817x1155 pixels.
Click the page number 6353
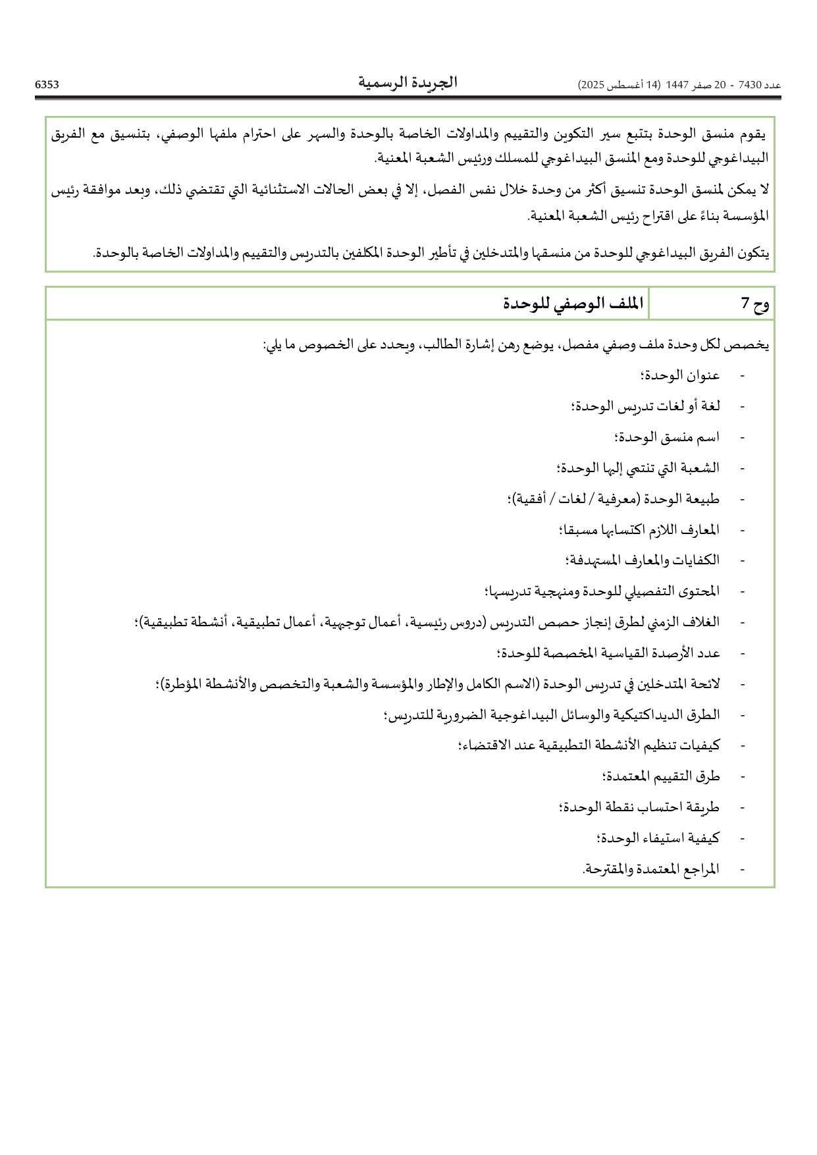[x=47, y=84]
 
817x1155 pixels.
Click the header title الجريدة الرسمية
[x=408, y=83]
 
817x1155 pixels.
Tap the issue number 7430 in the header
[x=750, y=85]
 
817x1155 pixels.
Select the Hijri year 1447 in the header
[x=677, y=85]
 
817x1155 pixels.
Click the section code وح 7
[x=755, y=304]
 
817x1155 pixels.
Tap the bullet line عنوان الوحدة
[x=680, y=375]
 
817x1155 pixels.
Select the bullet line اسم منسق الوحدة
[x=667, y=437]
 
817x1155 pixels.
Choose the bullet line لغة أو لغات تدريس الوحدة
[x=646, y=406]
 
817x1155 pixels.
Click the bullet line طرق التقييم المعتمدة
[x=661, y=776]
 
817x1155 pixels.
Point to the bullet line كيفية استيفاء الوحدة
[x=658, y=838]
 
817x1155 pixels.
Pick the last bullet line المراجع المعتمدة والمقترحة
[x=651, y=869]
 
